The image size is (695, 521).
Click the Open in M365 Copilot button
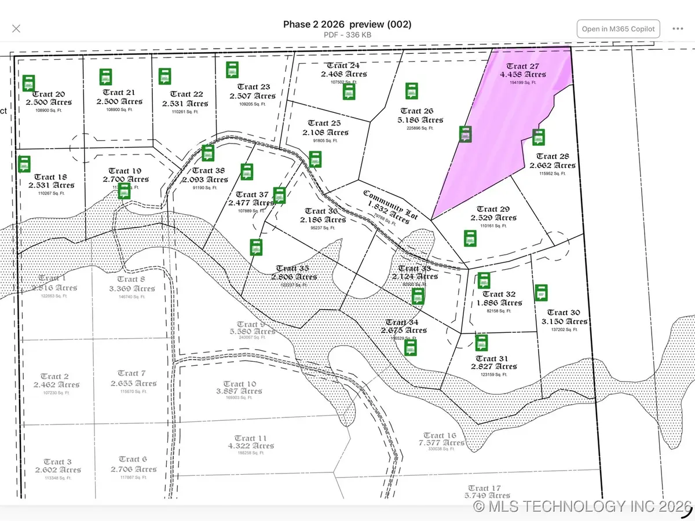pyautogui.click(x=618, y=29)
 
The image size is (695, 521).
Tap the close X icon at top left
pyautogui.click(x=16, y=28)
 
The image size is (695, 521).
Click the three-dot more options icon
pyautogui.click(x=678, y=29)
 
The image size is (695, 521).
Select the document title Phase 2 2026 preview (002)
pyautogui.click(x=347, y=24)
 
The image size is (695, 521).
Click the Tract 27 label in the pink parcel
pyautogui.click(x=522, y=67)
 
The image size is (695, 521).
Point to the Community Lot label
pyautogui.click(x=383, y=200)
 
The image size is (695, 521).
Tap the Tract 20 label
pyautogui.click(x=49, y=94)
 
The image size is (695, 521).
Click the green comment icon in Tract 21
pyautogui.click(x=105, y=76)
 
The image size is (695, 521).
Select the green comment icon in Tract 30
pyautogui.click(x=541, y=292)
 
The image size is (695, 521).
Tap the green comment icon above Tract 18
pyautogui.click(x=24, y=164)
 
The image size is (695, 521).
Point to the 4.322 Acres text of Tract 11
pyautogui.click(x=251, y=446)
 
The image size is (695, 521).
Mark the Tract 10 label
pyautogui.click(x=239, y=384)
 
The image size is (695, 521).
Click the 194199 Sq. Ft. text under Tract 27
pyautogui.click(x=522, y=82)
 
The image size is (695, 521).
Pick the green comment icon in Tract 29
pyautogui.click(x=470, y=238)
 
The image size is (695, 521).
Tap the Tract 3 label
pyautogui.click(x=57, y=461)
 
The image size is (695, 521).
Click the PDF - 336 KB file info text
pyautogui.click(x=347, y=35)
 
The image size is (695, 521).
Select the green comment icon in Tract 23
pyautogui.click(x=232, y=69)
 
